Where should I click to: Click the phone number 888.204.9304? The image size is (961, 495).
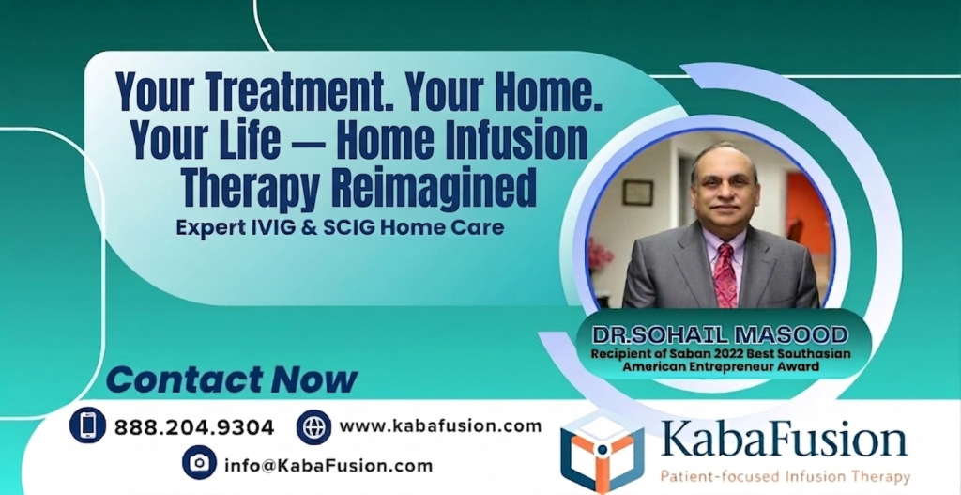[x=194, y=427]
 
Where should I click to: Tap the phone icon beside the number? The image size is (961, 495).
[x=87, y=425]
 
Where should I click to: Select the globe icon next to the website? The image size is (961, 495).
[x=313, y=426]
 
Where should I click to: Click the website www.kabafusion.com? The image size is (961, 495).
[x=440, y=425]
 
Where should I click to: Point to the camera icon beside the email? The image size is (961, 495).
[x=199, y=462]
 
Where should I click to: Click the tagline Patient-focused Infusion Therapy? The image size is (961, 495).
[x=785, y=476]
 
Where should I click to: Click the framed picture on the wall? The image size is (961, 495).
[x=637, y=192]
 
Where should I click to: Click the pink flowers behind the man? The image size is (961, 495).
[x=600, y=255]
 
